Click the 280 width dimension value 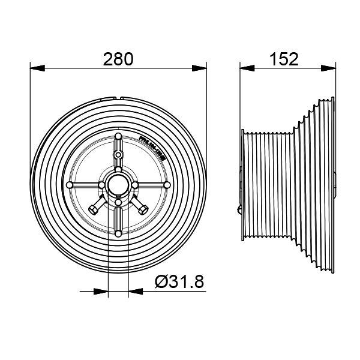(x=118, y=59)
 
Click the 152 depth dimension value (x=284, y=59)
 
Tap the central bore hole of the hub (x=118, y=184)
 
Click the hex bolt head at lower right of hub (x=144, y=209)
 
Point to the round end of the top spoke (x=118, y=137)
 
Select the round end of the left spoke (x=71, y=184)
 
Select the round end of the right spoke (x=166, y=184)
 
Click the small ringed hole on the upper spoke (x=118, y=155)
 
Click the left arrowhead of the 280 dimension (x=34, y=68)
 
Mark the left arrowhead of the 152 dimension (x=243, y=68)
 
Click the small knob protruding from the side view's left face (x=239, y=210)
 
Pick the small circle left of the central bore (x=103, y=184)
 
